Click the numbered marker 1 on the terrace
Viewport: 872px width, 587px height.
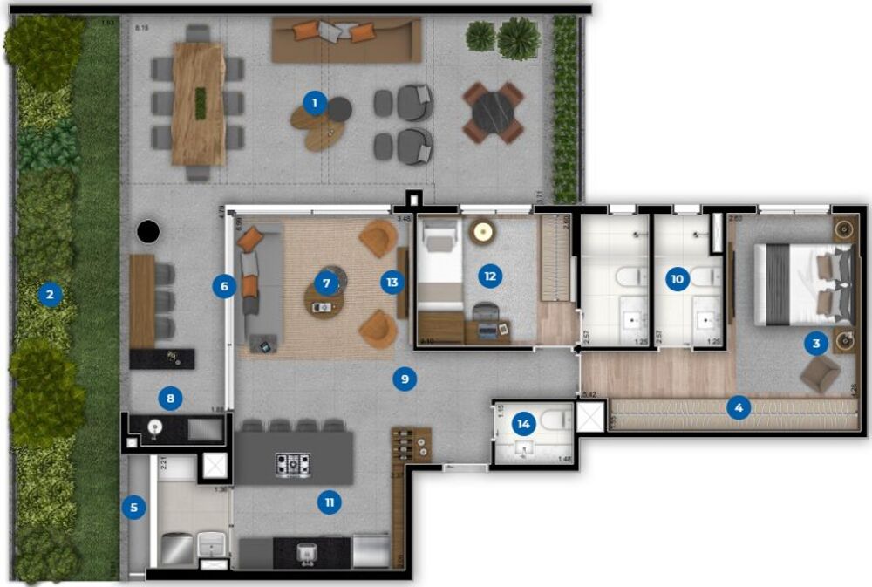315,103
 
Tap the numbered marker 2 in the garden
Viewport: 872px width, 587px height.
50,294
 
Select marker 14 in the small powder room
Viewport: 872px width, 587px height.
523,424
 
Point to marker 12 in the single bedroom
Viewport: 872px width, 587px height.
490,276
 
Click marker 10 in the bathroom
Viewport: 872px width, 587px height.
677,279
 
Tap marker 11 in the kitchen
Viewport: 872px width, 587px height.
329,502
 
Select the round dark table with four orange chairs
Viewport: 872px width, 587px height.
494,113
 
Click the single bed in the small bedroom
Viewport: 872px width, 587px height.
440,262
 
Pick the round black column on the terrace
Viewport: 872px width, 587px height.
148,232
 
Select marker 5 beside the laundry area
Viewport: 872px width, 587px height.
133,507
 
